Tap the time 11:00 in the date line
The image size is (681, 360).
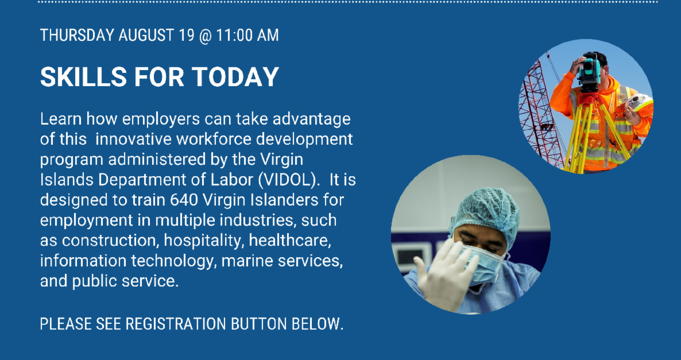click(x=234, y=35)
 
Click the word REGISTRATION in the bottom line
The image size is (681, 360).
click(x=171, y=324)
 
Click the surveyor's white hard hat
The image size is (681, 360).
click(x=639, y=103)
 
